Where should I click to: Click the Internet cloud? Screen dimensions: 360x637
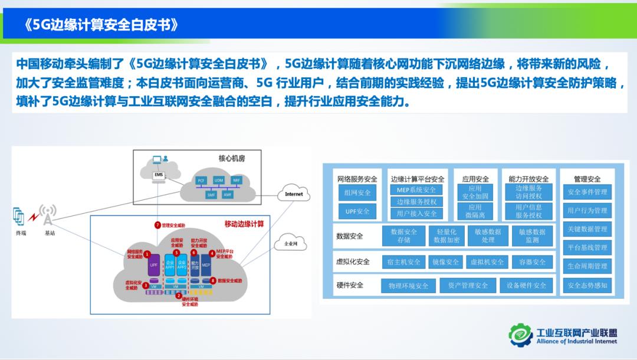pos(293,194)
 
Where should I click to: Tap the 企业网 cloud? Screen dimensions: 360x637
pos(291,243)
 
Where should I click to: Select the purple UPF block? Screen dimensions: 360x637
pos(154,265)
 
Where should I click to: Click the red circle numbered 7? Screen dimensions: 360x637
pos(157,225)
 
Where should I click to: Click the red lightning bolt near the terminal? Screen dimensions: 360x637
pos(33,218)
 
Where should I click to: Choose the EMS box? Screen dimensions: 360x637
pos(158,175)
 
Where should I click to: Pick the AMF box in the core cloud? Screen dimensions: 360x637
pos(228,194)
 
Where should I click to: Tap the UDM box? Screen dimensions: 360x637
pos(219,180)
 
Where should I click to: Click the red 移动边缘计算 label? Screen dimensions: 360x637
pos(244,224)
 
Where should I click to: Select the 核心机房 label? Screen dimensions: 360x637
pos(231,159)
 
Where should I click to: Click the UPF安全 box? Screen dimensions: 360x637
pos(357,211)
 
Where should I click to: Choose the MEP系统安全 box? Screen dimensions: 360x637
pos(416,190)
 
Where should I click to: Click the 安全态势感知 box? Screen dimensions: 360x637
pos(587,285)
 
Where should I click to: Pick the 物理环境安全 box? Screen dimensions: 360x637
pos(408,286)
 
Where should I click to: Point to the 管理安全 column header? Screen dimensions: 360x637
pos(587,179)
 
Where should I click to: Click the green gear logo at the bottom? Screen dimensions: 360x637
pos(521,335)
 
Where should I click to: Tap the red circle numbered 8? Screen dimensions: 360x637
pos(213,281)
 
